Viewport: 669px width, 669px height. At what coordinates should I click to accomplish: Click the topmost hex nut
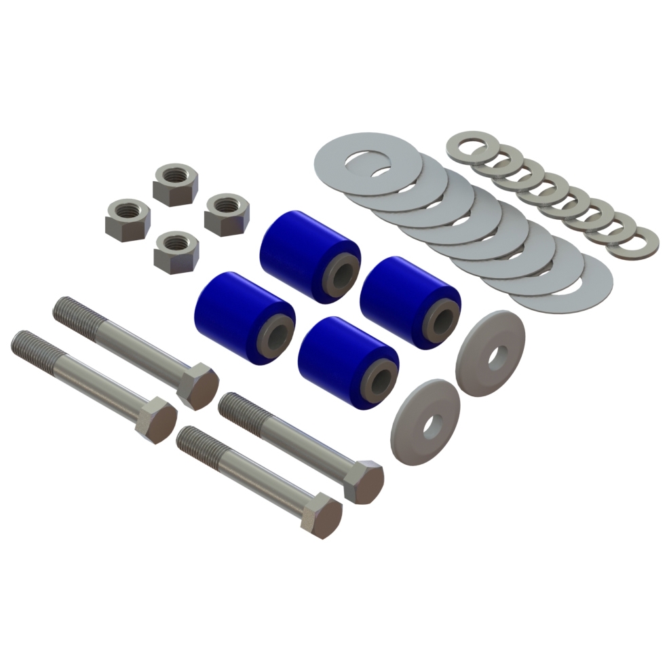click(x=175, y=183)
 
